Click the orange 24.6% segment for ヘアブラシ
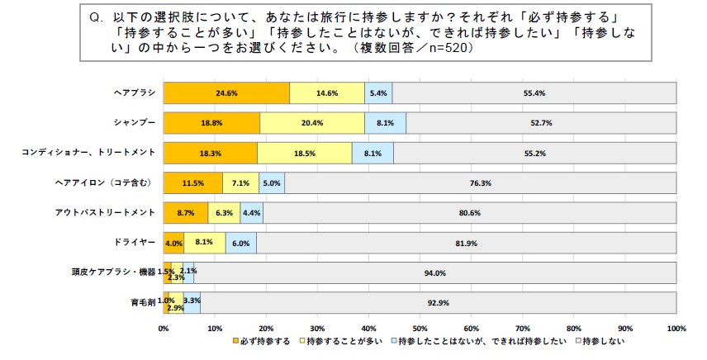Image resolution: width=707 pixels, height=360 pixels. (x=226, y=93)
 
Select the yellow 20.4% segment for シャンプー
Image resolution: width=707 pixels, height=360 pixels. (x=312, y=123)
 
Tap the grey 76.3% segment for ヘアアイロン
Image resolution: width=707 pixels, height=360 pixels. (x=480, y=183)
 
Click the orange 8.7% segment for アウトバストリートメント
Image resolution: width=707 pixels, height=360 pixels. (x=186, y=213)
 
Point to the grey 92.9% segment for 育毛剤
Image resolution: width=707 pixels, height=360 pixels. (x=439, y=303)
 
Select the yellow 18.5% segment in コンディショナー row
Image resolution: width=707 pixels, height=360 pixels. (x=305, y=153)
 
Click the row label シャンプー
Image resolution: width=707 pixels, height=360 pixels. (x=135, y=122)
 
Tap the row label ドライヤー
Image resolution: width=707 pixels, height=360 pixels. (x=135, y=243)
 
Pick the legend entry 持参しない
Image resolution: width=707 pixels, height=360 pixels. (x=603, y=342)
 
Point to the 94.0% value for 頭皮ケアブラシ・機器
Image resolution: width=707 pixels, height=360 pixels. (x=435, y=273)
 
